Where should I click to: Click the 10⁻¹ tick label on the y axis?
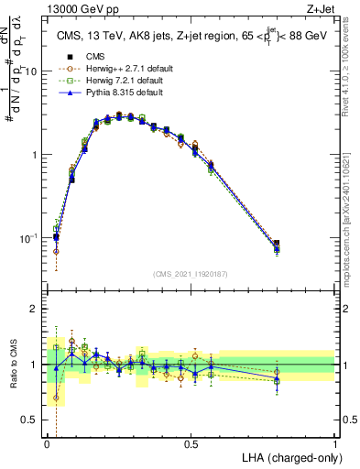(30, 238)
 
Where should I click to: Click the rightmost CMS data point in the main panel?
(277, 245)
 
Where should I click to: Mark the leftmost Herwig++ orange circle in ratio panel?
(56, 398)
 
